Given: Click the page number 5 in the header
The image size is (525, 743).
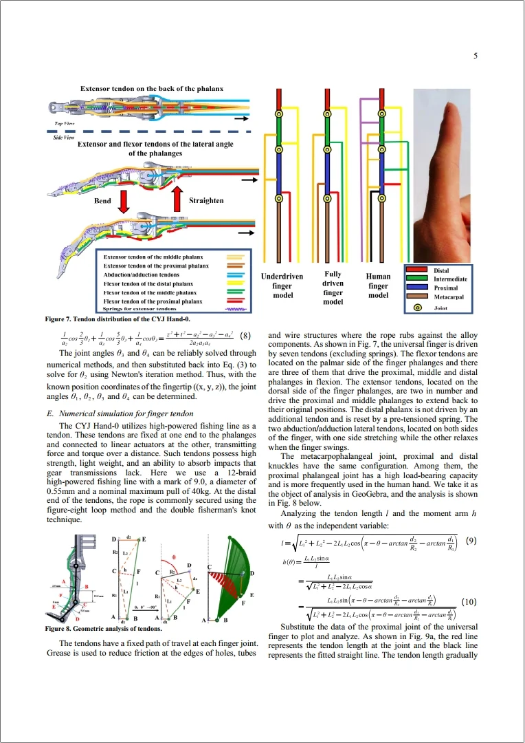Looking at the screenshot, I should coord(476,56).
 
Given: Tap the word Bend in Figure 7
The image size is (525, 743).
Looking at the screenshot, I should coord(102,201).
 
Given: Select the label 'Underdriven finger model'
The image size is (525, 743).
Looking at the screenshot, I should coord(282,286).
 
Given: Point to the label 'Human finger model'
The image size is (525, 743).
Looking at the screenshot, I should coord(378,286).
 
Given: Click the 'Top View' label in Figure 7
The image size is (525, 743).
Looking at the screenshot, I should coord(65,123).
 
